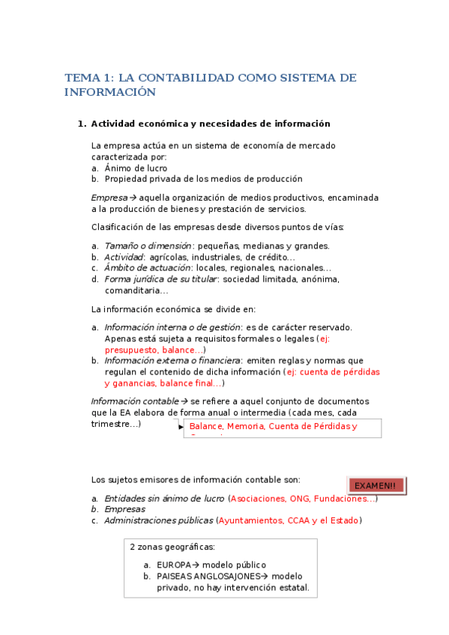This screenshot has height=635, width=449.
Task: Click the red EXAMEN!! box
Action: [x=375, y=485]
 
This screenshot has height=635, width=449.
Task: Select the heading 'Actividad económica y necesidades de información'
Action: [x=211, y=124]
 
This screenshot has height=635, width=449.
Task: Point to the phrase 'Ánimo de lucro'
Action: [x=136, y=168]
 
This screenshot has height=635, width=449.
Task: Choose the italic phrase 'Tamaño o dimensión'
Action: [x=148, y=246]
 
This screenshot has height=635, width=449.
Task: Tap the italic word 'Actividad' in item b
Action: [x=124, y=257]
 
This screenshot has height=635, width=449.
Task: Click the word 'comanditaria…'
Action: [x=136, y=291]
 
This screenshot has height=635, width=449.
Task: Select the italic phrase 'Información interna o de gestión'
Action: [x=172, y=327]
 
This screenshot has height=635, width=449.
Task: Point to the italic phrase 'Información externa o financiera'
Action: [x=172, y=361]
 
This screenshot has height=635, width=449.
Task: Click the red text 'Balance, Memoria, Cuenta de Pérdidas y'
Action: [x=274, y=427]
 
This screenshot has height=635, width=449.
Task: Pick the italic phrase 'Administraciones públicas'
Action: [x=158, y=521]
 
